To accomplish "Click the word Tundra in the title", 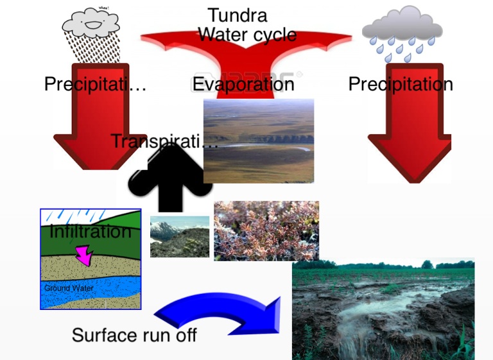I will [238, 15].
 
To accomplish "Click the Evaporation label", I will [243, 84].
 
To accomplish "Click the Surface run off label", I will [134, 335].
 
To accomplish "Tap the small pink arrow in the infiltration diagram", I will [83, 255].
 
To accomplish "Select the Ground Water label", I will [69, 288].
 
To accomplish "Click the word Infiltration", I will [91, 231].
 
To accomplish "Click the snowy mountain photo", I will [180, 237].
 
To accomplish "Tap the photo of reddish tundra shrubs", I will [266, 230].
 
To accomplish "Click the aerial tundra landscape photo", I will [259, 141].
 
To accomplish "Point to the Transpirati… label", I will [164, 141].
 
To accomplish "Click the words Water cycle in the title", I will [247, 34].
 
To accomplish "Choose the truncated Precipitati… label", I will [96, 84].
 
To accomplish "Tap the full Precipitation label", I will [401, 84].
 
